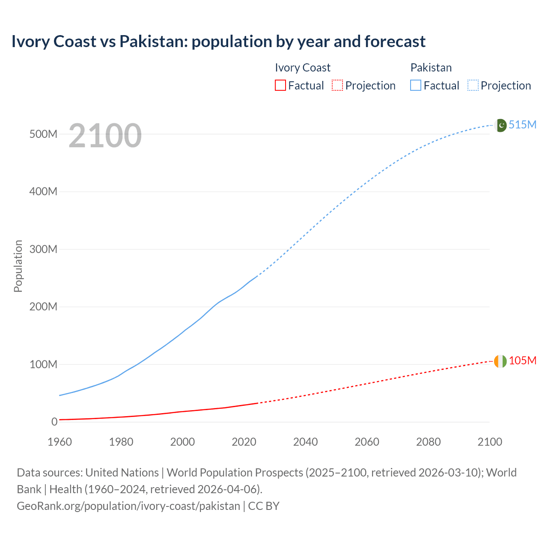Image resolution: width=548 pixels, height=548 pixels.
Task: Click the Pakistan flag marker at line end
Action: coord(500,125)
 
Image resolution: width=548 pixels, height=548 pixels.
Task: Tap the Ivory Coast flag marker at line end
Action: coord(500,361)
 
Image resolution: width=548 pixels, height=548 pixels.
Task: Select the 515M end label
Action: coord(522,125)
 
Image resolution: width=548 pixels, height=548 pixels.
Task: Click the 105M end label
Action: coord(522,361)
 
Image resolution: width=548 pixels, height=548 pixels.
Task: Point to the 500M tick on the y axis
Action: coord(43,134)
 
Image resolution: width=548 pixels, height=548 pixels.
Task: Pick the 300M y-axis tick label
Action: coord(43,249)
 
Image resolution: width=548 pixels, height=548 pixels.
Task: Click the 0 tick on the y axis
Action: coord(54,422)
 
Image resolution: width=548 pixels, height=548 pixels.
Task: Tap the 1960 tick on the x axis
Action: coord(60,442)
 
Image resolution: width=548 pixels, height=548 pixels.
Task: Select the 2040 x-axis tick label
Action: coord(305,442)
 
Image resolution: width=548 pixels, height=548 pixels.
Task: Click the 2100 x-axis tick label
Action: coord(489,442)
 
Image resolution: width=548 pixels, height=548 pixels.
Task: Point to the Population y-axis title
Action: coord(18,266)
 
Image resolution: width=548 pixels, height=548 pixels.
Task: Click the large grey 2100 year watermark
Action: coord(105,136)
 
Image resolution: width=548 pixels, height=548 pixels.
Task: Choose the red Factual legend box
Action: coord(280,85)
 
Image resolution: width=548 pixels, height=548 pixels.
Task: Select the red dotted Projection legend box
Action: coord(337,85)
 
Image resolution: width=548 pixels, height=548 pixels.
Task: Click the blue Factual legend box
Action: coord(415,85)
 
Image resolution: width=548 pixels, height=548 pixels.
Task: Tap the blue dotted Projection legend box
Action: coord(473,85)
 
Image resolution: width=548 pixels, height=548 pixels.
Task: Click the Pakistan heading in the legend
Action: coord(431,68)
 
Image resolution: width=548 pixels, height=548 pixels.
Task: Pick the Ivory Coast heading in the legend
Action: coord(302,68)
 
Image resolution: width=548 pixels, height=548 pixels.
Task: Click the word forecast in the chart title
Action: coord(395,42)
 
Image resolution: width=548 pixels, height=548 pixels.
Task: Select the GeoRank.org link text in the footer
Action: coord(128,506)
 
